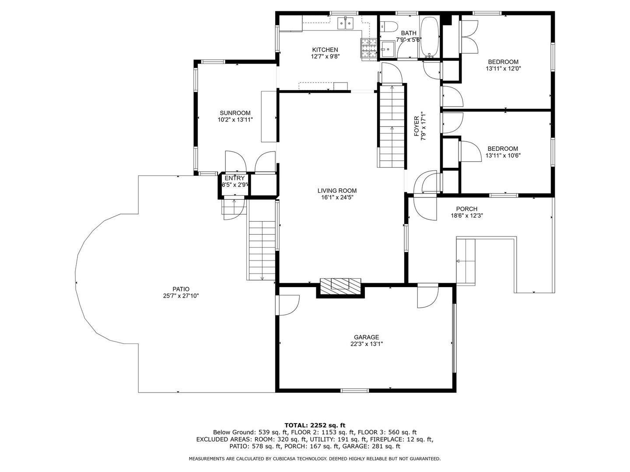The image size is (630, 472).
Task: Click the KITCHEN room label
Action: tap(325, 50)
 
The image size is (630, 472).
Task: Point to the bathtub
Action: tap(429, 37)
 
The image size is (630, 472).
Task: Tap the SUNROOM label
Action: tap(235, 113)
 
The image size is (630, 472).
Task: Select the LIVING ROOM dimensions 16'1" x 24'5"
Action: tap(337, 197)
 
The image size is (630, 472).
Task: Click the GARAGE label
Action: tap(366, 337)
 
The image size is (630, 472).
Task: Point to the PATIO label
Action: tap(181, 289)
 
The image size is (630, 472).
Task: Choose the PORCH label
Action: tap(467, 209)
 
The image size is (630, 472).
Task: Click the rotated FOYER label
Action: tap(417, 126)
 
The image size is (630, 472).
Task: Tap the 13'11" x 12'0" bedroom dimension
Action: tap(503, 69)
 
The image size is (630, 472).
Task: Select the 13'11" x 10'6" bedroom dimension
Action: tap(503, 156)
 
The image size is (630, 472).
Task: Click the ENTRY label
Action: tap(235, 178)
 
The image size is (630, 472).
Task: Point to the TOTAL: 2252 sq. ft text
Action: tap(315, 425)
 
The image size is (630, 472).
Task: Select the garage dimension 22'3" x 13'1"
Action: tap(367, 344)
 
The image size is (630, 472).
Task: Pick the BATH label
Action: tap(409, 33)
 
